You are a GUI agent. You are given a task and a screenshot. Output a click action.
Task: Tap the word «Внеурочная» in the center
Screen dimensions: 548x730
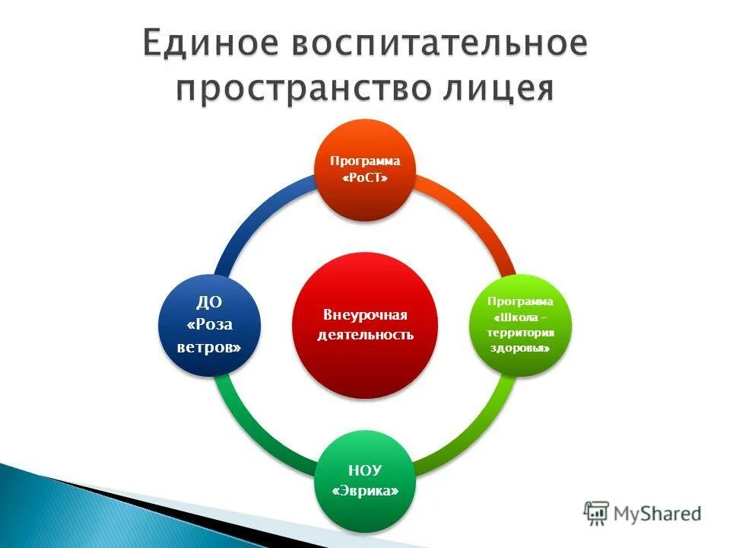click(x=365, y=315)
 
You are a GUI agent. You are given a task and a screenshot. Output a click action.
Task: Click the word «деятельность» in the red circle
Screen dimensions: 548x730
click(x=365, y=335)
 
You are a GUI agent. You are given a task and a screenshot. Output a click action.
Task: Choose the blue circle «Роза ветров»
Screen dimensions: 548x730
click(x=209, y=325)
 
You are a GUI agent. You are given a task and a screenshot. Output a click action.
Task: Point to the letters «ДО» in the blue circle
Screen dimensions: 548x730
click(x=209, y=303)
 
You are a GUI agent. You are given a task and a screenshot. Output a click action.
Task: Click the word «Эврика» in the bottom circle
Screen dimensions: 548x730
click(x=365, y=491)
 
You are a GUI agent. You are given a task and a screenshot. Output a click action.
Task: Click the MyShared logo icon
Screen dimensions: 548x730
click(x=596, y=513)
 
